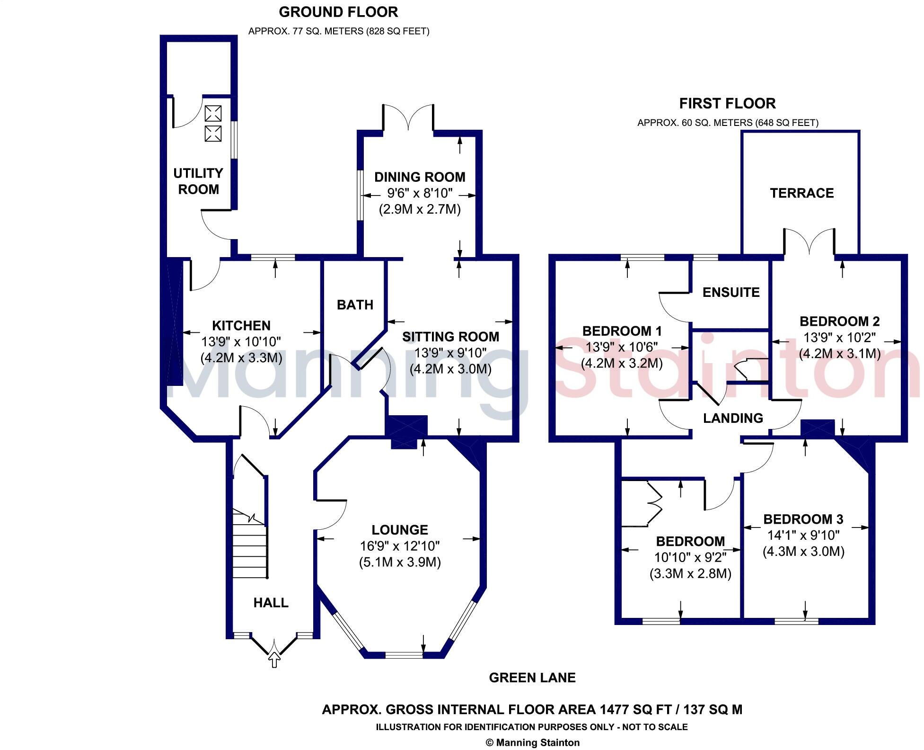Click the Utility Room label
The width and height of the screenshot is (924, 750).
click(x=198, y=181)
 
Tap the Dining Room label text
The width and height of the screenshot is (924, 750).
click(x=420, y=177)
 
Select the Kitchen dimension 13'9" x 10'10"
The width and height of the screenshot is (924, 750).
click(x=241, y=341)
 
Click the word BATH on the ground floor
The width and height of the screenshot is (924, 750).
click(x=355, y=304)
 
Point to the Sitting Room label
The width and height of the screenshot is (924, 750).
click(x=450, y=337)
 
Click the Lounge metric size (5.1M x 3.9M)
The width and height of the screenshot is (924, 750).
click(x=400, y=562)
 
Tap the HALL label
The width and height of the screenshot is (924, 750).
click(x=271, y=602)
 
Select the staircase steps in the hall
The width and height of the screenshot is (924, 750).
click(x=249, y=549)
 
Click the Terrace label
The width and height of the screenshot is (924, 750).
click(x=801, y=193)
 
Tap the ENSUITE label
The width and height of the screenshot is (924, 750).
click(x=730, y=292)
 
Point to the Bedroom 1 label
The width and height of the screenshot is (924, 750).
click(x=622, y=330)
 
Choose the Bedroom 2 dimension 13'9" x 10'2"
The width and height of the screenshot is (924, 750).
click(x=839, y=338)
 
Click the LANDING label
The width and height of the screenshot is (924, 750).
click(x=733, y=418)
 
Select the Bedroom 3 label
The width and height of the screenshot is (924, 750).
click(x=803, y=519)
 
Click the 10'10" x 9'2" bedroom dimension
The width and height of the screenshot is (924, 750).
click(x=690, y=557)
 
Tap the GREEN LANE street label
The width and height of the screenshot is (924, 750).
click(x=532, y=678)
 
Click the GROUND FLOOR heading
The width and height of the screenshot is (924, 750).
click(x=338, y=11)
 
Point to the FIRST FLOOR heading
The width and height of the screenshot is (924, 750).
click(x=727, y=103)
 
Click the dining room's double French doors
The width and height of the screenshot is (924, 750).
click(x=408, y=118)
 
